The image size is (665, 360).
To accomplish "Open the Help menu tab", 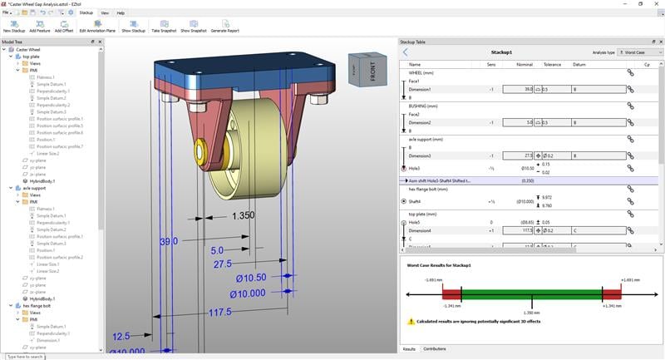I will click(x=121, y=13).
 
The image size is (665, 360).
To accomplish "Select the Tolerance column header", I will click(x=552, y=64).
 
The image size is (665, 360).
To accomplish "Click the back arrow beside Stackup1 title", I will click(x=406, y=52).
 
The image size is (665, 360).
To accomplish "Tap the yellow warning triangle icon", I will click(x=411, y=321).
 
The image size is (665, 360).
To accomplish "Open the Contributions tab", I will click(x=435, y=349).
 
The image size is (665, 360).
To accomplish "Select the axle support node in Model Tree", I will click(x=33, y=188).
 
